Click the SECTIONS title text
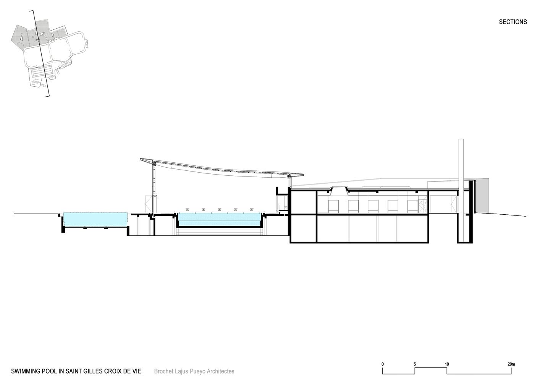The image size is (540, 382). (513, 22)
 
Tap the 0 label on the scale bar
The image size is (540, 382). (383, 364)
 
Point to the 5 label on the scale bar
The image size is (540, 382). (415, 364)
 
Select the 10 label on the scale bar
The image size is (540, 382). (447, 364)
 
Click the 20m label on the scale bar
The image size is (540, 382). (511, 364)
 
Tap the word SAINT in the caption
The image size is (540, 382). (74, 371)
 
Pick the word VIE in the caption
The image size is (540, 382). (136, 371)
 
